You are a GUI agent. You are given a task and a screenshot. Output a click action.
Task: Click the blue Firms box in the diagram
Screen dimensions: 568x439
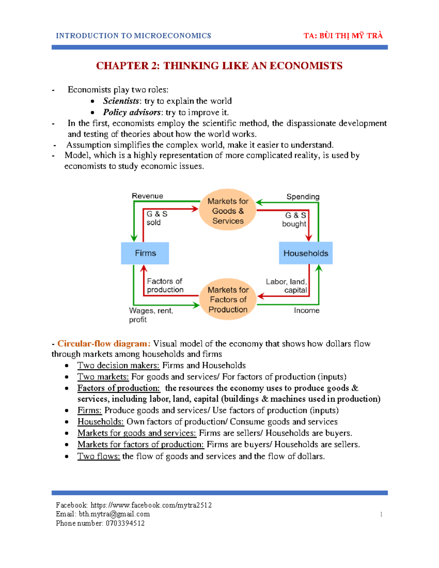pyautogui.click(x=145, y=253)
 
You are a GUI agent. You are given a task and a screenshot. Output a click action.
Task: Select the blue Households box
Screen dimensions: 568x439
pyautogui.click(x=305, y=253)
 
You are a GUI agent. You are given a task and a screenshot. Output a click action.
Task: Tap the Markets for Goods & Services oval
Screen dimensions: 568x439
pyautogui.click(x=228, y=211)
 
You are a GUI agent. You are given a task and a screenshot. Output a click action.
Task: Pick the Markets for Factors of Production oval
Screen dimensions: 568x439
pyautogui.click(x=228, y=300)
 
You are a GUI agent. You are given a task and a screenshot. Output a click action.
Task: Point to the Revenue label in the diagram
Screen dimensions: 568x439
pyautogui.click(x=147, y=196)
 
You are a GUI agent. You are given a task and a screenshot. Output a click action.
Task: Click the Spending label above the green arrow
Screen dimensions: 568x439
pyautogui.click(x=303, y=197)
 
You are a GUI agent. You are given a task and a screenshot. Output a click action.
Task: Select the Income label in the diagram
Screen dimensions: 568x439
pyautogui.click(x=307, y=311)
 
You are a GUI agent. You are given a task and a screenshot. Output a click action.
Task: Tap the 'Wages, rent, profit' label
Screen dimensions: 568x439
pyautogui.click(x=151, y=315)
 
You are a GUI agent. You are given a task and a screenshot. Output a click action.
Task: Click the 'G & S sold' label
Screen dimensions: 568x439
pyautogui.click(x=157, y=218)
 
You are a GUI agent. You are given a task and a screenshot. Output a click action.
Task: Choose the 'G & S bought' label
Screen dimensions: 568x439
pyautogui.click(x=294, y=219)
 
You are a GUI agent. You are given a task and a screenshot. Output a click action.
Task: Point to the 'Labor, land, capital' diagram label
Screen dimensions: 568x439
pyautogui.click(x=286, y=286)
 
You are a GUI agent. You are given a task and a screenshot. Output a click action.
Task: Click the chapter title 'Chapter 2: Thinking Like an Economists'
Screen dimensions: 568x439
pyautogui.click(x=219, y=66)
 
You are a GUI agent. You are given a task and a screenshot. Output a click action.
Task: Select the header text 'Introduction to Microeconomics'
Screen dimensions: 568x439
pyautogui.click(x=133, y=36)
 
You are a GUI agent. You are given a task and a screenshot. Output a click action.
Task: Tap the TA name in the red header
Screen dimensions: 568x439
pyautogui.click(x=343, y=36)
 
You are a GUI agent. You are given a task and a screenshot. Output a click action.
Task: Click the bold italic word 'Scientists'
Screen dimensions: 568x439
pyautogui.click(x=121, y=101)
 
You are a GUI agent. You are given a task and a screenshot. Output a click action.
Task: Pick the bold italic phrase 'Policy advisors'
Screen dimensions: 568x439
pyautogui.click(x=132, y=112)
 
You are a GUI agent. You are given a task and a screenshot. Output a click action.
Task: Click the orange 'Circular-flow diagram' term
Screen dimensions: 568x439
pyautogui.click(x=103, y=344)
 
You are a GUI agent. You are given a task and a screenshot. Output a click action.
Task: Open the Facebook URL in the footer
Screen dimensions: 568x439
pyautogui.click(x=151, y=505)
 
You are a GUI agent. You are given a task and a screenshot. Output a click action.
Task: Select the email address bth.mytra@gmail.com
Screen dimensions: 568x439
pyautogui.click(x=114, y=514)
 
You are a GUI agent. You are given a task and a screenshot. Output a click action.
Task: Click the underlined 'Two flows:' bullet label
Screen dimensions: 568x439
pyautogui.click(x=98, y=456)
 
